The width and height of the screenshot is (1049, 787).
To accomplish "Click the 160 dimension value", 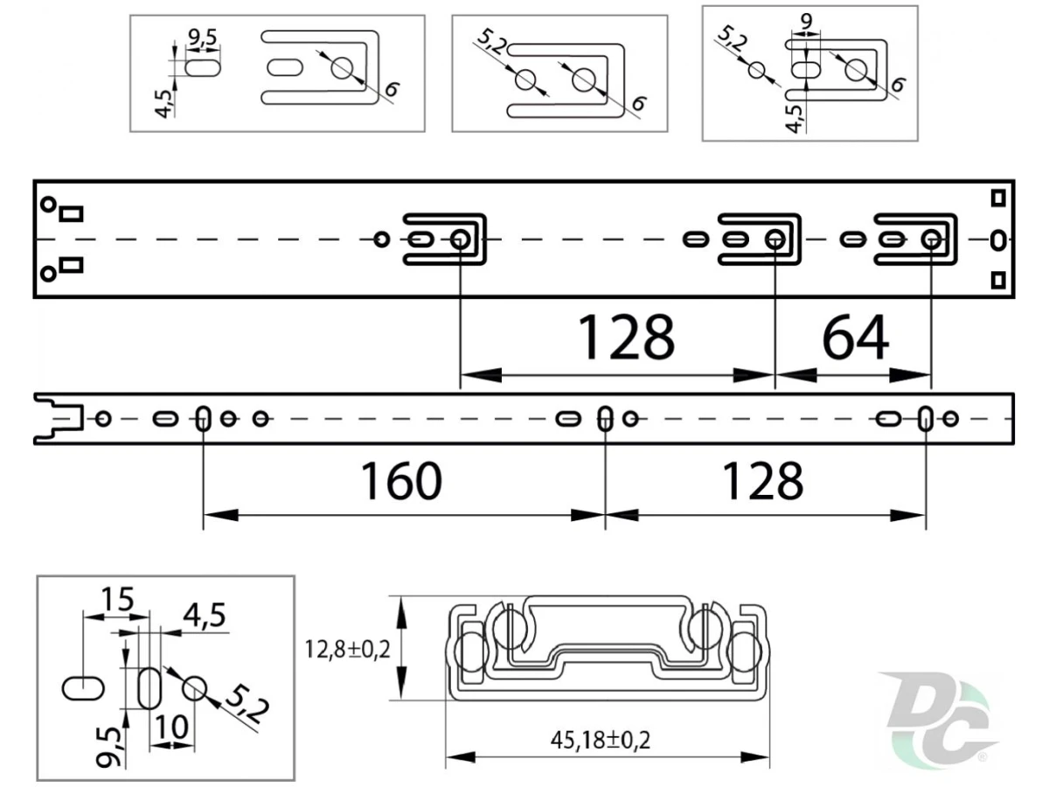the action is pos(401,481).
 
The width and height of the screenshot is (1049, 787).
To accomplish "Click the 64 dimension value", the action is pos(855,338).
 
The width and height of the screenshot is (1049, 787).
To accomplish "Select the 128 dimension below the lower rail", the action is pos(763,481).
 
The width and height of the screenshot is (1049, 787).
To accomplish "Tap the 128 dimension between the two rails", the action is pos(626,338).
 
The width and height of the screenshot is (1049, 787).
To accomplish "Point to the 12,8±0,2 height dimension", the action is pos(347,650).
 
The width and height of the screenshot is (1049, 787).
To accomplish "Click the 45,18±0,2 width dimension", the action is pos(601,740).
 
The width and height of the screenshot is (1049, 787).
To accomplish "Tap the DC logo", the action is pos(938,720).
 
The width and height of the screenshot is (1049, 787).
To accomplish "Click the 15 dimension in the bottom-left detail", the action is pos(117,600).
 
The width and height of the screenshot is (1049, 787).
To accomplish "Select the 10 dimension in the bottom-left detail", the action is pos(171,728).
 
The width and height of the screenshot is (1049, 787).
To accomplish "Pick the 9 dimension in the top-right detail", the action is pos(806,21).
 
